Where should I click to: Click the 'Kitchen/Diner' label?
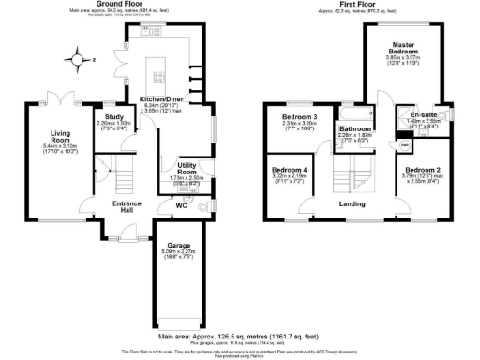(160, 99)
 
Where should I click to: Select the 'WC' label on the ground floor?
(182, 204)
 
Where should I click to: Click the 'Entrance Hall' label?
(127, 208)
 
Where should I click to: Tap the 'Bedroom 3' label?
(300, 118)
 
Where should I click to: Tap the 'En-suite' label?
(412, 114)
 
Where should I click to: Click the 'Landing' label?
(352, 203)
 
